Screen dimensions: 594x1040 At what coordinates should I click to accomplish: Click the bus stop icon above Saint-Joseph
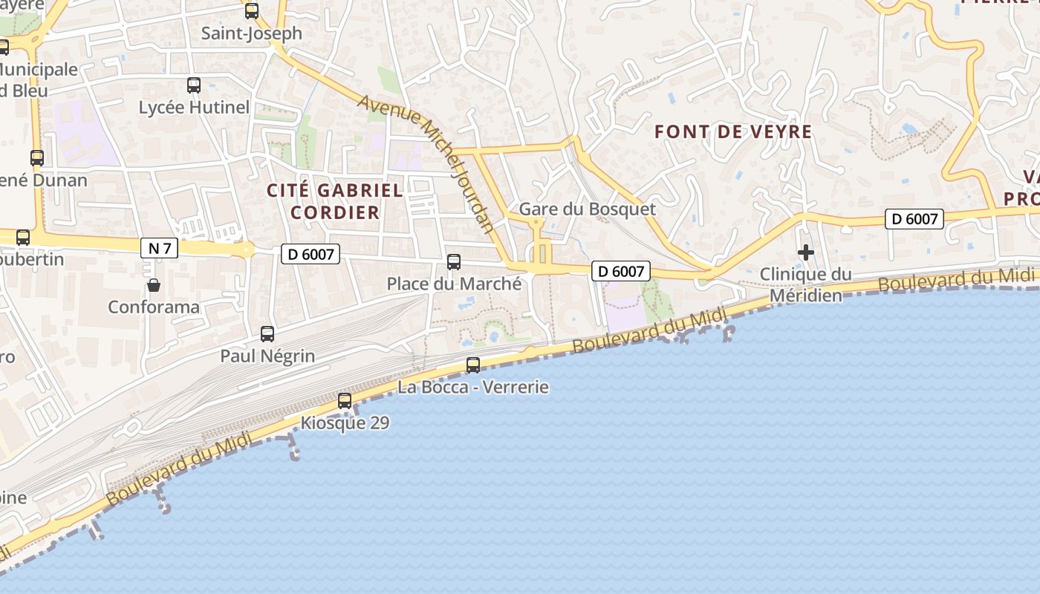pos(252,11)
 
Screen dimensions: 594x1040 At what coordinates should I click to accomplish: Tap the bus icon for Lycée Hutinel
pos(194,85)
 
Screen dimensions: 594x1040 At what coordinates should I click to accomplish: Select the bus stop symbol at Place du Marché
pos(454,262)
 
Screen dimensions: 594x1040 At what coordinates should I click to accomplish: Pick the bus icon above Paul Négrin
pos(267,334)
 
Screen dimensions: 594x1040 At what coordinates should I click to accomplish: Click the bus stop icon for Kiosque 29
pos(345,401)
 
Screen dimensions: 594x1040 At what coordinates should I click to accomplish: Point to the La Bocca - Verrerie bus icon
pos(473,365)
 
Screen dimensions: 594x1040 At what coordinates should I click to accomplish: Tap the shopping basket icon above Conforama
pos(154,285)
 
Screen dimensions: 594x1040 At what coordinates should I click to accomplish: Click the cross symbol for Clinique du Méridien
pos(806,252)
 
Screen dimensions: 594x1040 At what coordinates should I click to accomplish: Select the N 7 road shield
pos(160,248)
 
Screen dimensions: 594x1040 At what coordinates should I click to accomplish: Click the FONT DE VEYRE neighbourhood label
pos(733,132)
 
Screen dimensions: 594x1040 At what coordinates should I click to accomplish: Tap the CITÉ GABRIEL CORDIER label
pos(335,201)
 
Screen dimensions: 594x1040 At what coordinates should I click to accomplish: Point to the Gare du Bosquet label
pos(588,209)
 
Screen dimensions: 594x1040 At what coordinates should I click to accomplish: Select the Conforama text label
pos(154,307)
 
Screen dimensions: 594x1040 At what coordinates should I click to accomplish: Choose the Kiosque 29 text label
pos(345,422)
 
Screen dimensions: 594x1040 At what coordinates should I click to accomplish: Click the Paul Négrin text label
pos(267,356)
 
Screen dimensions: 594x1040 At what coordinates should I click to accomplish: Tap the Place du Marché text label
pos(454,284)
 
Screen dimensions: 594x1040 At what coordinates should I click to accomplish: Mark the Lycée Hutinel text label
pos(194,107)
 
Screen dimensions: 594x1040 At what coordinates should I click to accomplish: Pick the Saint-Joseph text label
pos(252,33)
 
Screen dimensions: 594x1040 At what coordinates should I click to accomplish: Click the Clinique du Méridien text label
pos(806,285)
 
